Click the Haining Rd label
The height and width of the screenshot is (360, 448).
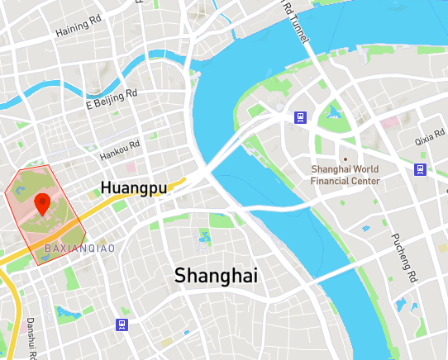pyautogui.click(x=78, y=27)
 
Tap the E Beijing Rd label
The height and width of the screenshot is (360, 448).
pyautogui.click(x=112, y=101)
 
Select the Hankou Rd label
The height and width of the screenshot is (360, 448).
pyautogui.click(x=120, y=149)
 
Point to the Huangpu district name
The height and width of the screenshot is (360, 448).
pyautogui.click(x=134, y=188)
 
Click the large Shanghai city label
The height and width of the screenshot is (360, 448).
pyautogui.click(x=217, y=275)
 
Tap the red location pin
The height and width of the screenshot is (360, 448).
pyautogui.click(x=41, y=202)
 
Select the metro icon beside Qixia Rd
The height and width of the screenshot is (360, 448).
pyautogui.click(x=421, y=170)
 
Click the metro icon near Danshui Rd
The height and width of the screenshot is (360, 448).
pyautogui.click(x=122, y=324)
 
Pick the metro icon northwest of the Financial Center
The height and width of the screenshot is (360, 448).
pyautogui.click(x=299, y=117)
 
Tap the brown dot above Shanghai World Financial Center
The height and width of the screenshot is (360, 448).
pyautogui.click(x=345, y=159)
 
